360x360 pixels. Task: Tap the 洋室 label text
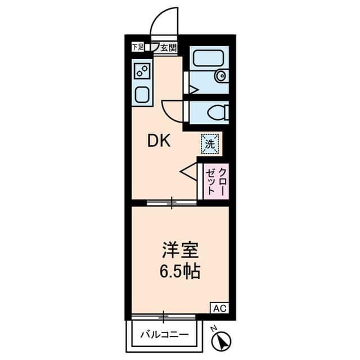[x=180, y=250]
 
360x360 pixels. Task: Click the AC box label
[x=219, y=308]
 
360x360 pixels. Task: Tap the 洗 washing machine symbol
[x=209, y=143]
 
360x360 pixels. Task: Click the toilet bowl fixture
[x=216, y=113]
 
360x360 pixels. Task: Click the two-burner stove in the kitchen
[x=142, y=71]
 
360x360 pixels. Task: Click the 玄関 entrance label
[x=168, y=47]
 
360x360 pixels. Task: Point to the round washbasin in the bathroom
[x=221, y=76]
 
